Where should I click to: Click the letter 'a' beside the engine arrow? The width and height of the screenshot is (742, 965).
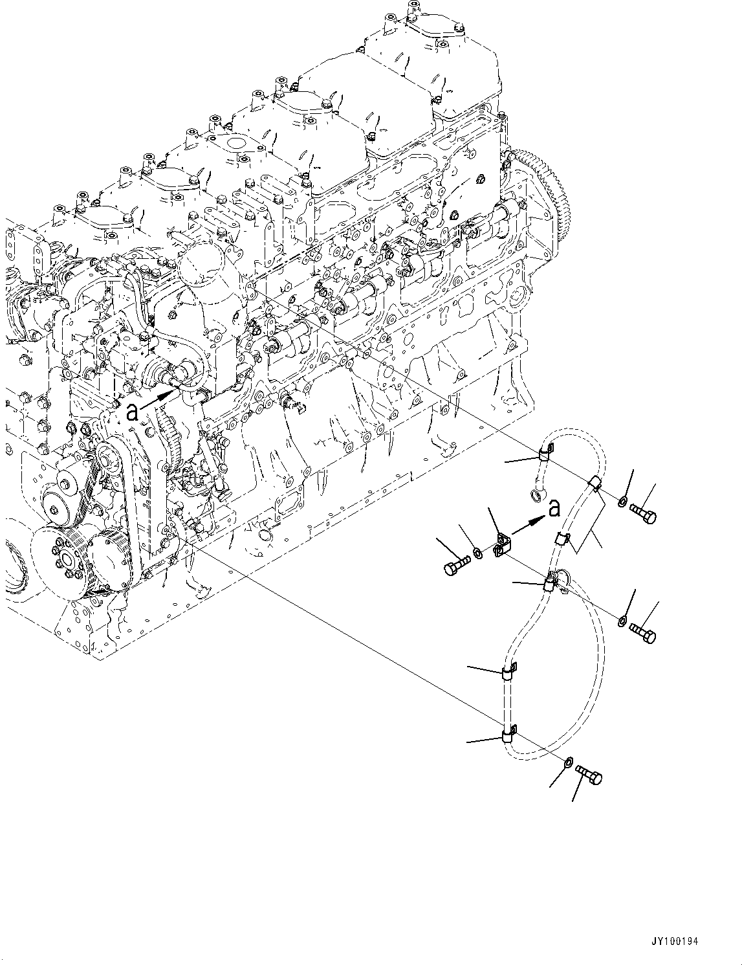(132, 412)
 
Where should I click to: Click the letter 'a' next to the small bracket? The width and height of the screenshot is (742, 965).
(554, 510)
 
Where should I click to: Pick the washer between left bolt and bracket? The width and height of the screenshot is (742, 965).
(477, 553)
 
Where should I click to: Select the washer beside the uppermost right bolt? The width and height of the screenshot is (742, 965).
(622, 500)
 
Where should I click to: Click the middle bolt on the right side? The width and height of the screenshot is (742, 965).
(642, 629)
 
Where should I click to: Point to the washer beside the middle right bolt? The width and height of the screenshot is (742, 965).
(622, 621)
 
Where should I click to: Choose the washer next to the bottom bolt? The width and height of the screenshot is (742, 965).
(568, 762)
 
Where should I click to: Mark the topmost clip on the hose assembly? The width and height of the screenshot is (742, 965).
(545, 454)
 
